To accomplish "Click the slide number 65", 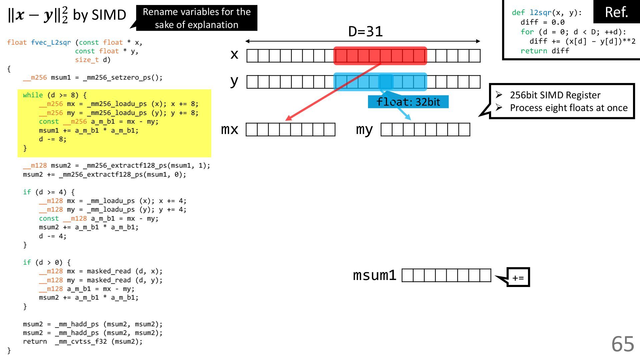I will point(622,344).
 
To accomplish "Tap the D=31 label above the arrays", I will point(365,32).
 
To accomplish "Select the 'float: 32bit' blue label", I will point(408,102).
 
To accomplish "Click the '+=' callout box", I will point(518,277).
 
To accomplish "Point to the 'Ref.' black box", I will point(616,12).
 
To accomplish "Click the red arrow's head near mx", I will point(288,119).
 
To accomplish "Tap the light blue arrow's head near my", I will point(408,118).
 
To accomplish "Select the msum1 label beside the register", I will point(375,275).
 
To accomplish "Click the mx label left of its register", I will point(230,129).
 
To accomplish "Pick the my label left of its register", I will point(364,129).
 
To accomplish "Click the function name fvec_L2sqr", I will point(51,43).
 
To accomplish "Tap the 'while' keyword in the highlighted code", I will point(33,95).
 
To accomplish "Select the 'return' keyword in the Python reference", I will point(534,51).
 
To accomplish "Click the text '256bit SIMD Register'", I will point(555,95).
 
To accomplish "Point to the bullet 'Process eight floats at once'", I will point(569,108).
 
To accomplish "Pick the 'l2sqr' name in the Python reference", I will point(541,13).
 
